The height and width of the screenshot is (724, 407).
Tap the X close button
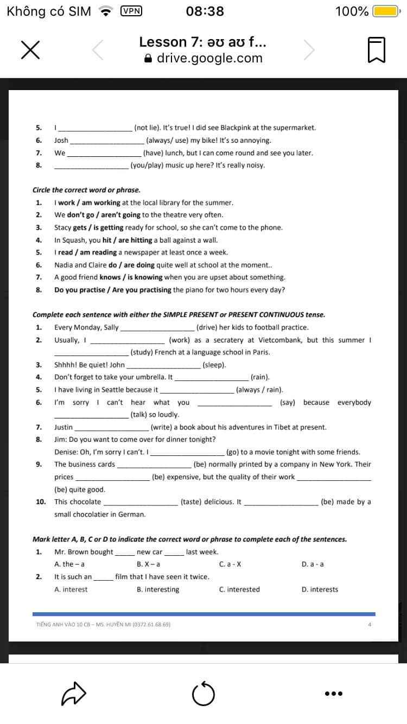31,50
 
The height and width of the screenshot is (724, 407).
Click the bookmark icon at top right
377,50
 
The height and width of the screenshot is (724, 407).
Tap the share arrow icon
74,693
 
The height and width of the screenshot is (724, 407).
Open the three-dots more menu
333,693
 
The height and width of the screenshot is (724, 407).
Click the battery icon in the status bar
386,11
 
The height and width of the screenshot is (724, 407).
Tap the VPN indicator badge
131,11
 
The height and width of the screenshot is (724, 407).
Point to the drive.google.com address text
209,58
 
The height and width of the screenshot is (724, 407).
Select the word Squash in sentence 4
76,240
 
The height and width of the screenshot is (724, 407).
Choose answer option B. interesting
158,589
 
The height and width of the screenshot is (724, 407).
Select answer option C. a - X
230,564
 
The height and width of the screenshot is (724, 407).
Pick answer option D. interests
320,589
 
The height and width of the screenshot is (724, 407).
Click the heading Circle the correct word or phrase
86,190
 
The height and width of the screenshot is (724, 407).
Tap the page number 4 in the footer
370,625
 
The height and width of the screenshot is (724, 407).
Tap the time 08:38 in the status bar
205,11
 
